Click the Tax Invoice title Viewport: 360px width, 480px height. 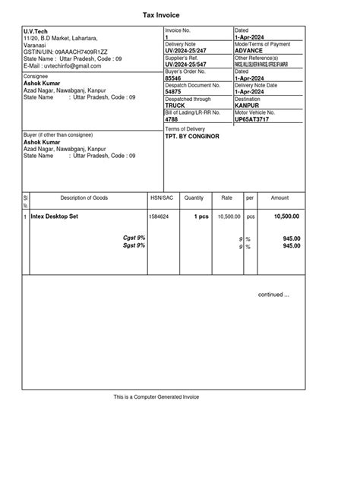179,14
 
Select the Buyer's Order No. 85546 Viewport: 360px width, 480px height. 173,78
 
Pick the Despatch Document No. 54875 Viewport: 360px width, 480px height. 173,92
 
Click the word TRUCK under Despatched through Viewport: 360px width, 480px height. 175,106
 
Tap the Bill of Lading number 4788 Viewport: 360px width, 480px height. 172,119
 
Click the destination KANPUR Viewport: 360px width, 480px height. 248,106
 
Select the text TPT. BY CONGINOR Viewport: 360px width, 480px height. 191,137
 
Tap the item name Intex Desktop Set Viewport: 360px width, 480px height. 54,216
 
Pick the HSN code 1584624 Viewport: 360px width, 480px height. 159,216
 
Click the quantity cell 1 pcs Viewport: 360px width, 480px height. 201,216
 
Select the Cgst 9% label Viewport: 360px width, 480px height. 134,238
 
